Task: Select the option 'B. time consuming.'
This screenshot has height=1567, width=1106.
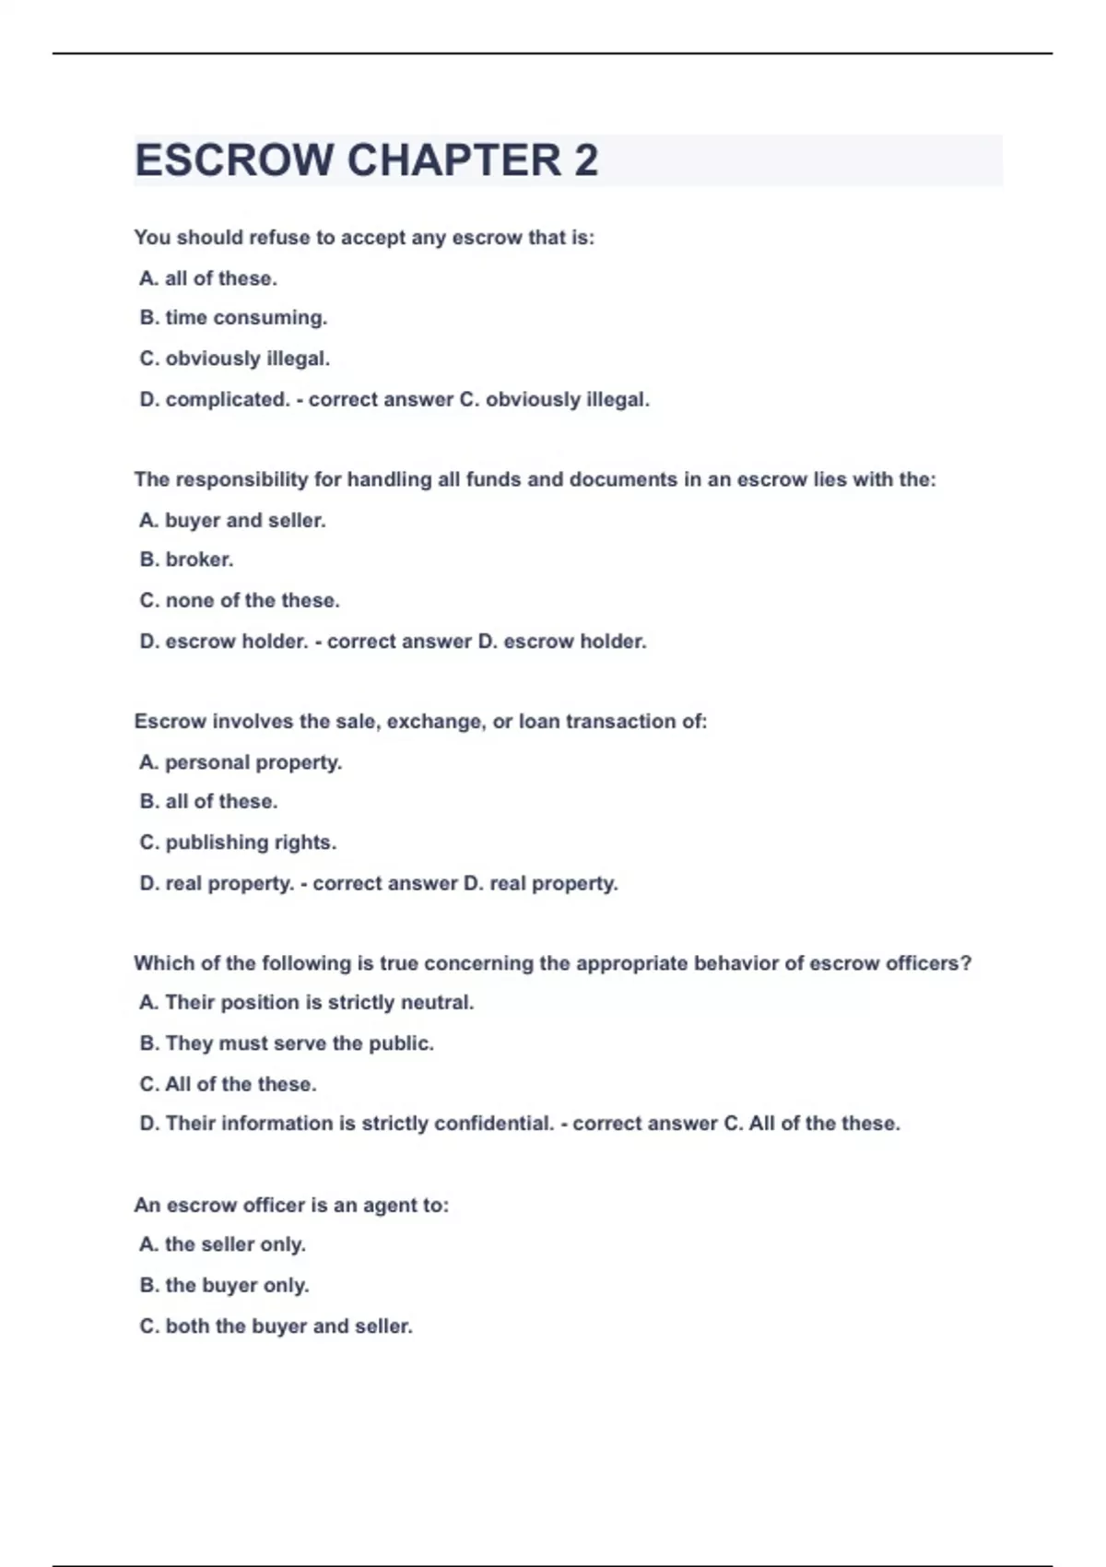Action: (233, 318)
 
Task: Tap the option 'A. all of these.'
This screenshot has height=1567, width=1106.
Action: (208, 278)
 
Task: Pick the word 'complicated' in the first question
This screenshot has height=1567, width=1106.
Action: (226, 400)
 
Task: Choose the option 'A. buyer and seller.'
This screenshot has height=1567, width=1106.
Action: (232, 521)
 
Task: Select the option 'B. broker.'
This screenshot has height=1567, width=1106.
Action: (186, 560)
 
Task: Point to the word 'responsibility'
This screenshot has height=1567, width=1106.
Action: (241, 480)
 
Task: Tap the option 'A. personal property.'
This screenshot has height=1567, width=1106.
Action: (241, 763)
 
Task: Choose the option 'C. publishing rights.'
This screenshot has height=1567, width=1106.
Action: (238, 842)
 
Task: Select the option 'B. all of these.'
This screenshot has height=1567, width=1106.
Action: (208, 802)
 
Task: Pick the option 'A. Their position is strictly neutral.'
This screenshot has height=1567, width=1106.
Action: (306, 1003)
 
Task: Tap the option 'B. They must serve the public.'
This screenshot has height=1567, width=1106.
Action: (287, 1043)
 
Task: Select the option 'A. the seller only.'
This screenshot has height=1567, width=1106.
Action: (222, 1244)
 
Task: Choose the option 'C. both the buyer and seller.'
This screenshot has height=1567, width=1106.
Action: (276, 1326)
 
